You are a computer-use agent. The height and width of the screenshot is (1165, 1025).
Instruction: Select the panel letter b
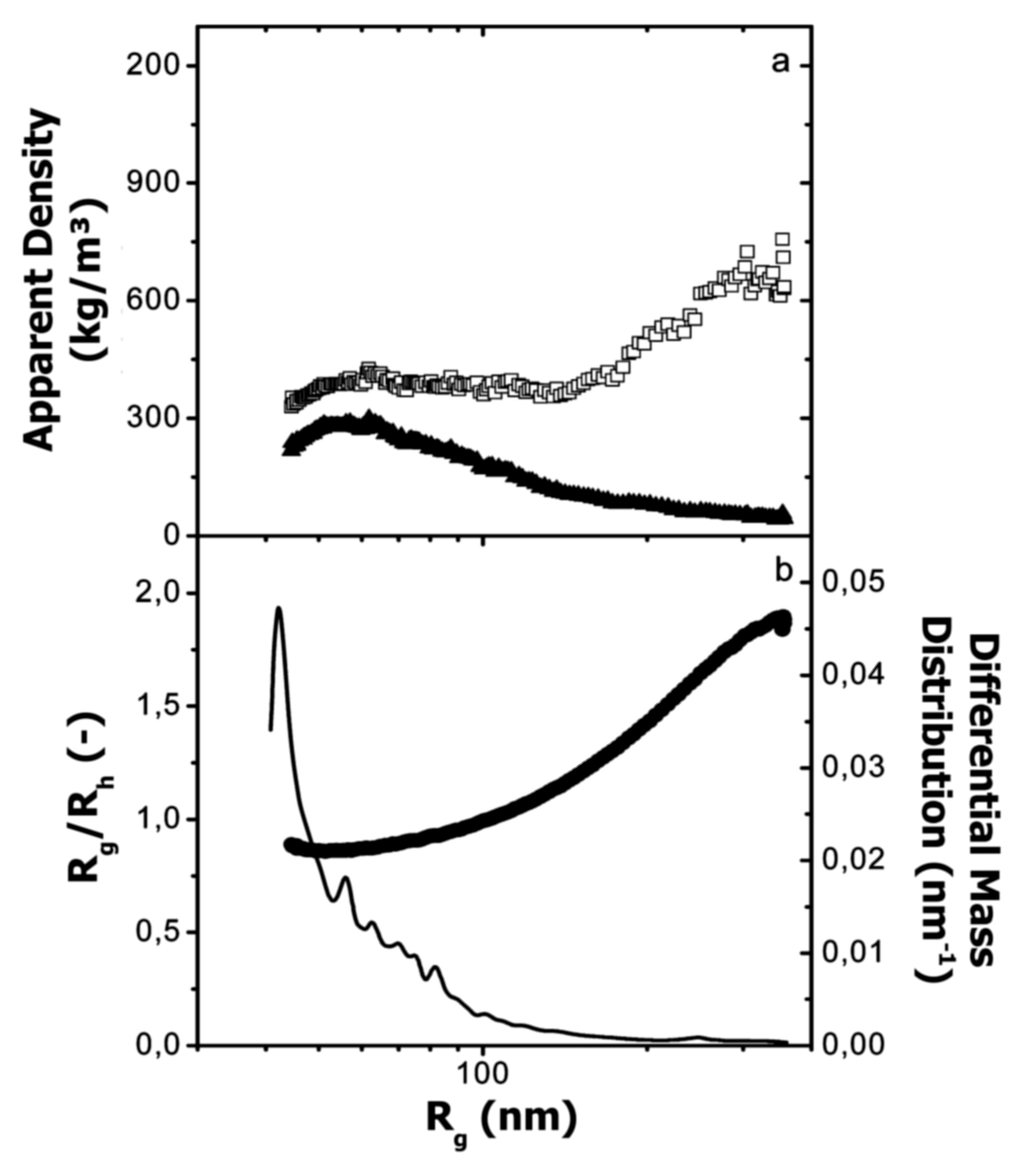[784, 572]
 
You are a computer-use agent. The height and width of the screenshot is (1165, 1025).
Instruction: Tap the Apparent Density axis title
[68, 280]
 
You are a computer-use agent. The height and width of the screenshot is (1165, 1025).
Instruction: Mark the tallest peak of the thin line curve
[278, 608]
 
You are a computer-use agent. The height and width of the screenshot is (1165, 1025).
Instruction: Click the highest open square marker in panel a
[783, 239]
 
